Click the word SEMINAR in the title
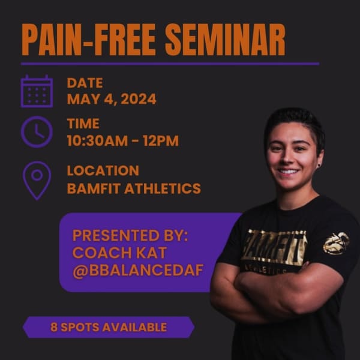coord(225,40)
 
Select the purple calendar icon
coord(37,91)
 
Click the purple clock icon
coord(37,132)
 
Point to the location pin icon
coord(37,181)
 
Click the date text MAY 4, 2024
coord(112,99)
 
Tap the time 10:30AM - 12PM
coord(123,140)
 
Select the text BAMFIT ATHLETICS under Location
coord(134,188)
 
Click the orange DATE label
coord(85,83)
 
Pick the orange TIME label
coord(83,124)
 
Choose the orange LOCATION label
coord(103,170)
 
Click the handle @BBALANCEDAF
coord(138,270)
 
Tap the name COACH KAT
coord(119,253)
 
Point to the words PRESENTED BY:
coord(130,235)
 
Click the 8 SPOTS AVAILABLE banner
coord(109,327)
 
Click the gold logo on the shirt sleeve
coord(337,244)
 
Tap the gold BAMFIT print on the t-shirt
coord(275,247)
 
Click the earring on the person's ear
coord(318,166)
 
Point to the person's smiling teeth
coord(288,172)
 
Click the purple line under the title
coord(170,64)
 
